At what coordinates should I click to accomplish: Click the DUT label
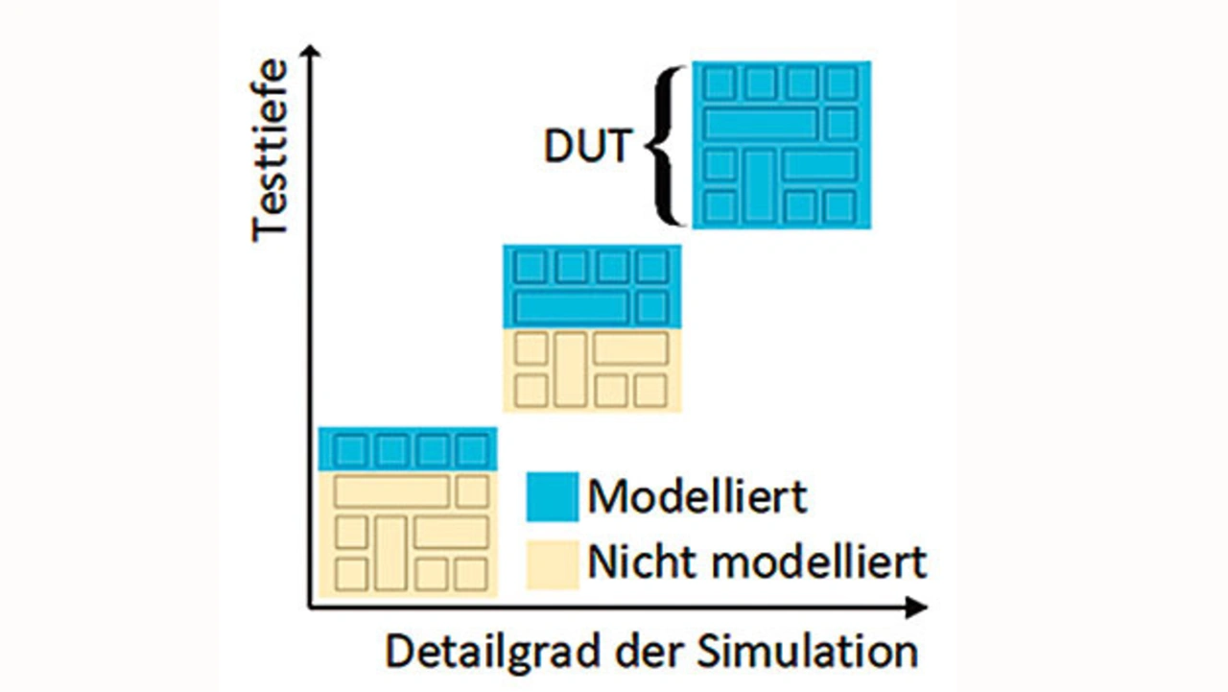(587, 147)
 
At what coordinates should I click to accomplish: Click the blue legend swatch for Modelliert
(552, 496)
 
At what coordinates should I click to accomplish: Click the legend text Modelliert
(697, 496)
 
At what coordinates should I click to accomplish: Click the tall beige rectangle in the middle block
(570, 370)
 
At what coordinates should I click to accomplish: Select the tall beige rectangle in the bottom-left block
(390, 552)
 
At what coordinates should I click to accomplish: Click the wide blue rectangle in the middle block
(571, 308)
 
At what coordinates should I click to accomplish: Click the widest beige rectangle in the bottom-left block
(391, 491)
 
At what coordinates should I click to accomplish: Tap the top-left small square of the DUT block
(719, 84)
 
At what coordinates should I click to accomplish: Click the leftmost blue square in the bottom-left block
(349, 449)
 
